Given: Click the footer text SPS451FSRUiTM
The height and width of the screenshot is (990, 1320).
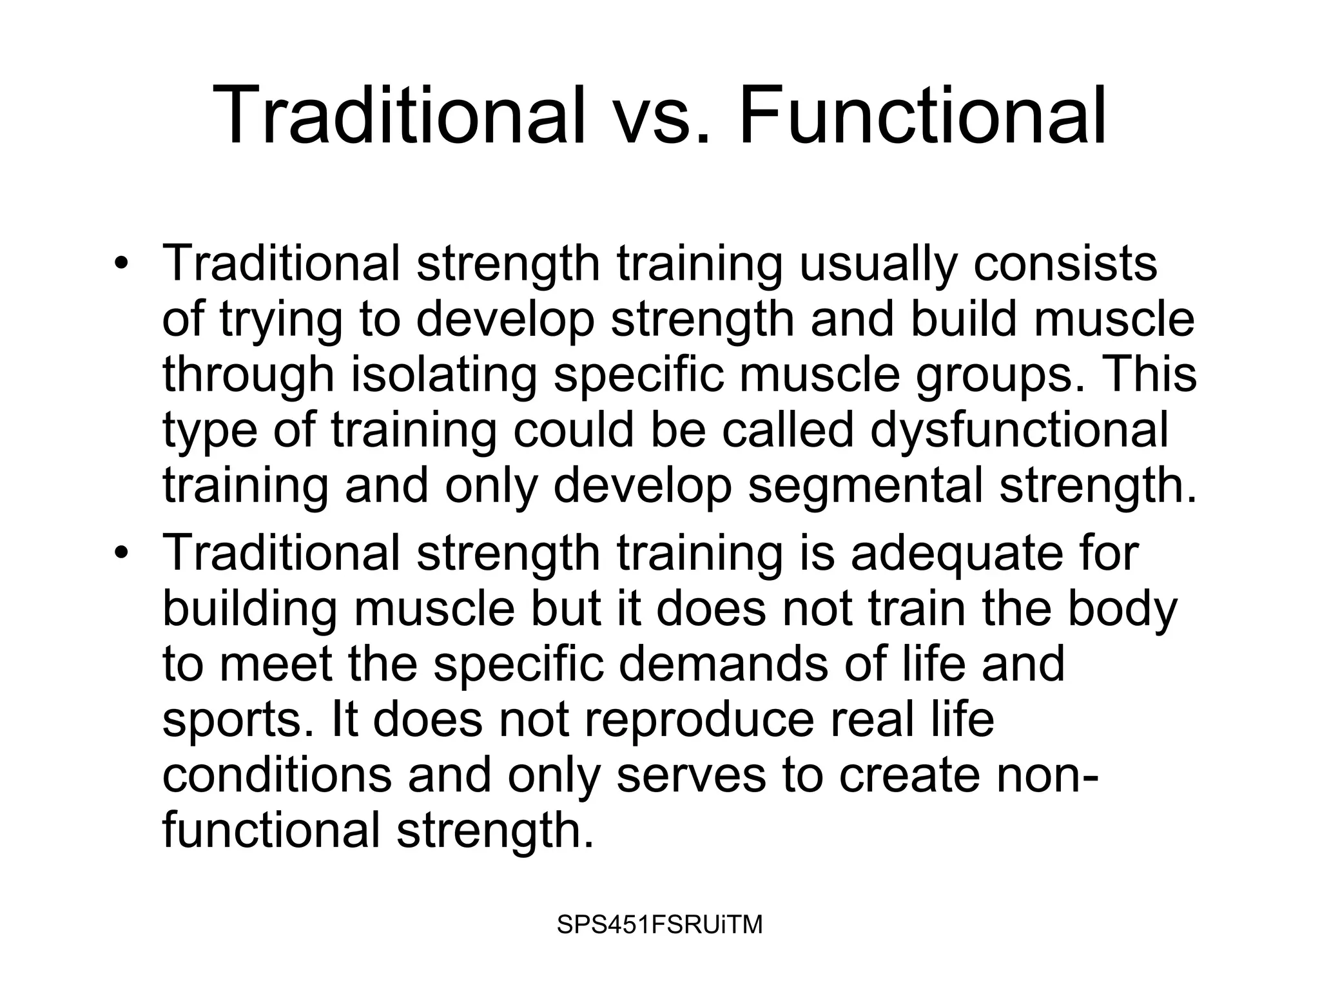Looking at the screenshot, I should click(x=659, y=925).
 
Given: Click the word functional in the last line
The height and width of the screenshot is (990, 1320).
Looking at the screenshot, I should click(x=271, y=830).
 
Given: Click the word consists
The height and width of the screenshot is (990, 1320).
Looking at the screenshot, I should click(x=1065, y=264).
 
